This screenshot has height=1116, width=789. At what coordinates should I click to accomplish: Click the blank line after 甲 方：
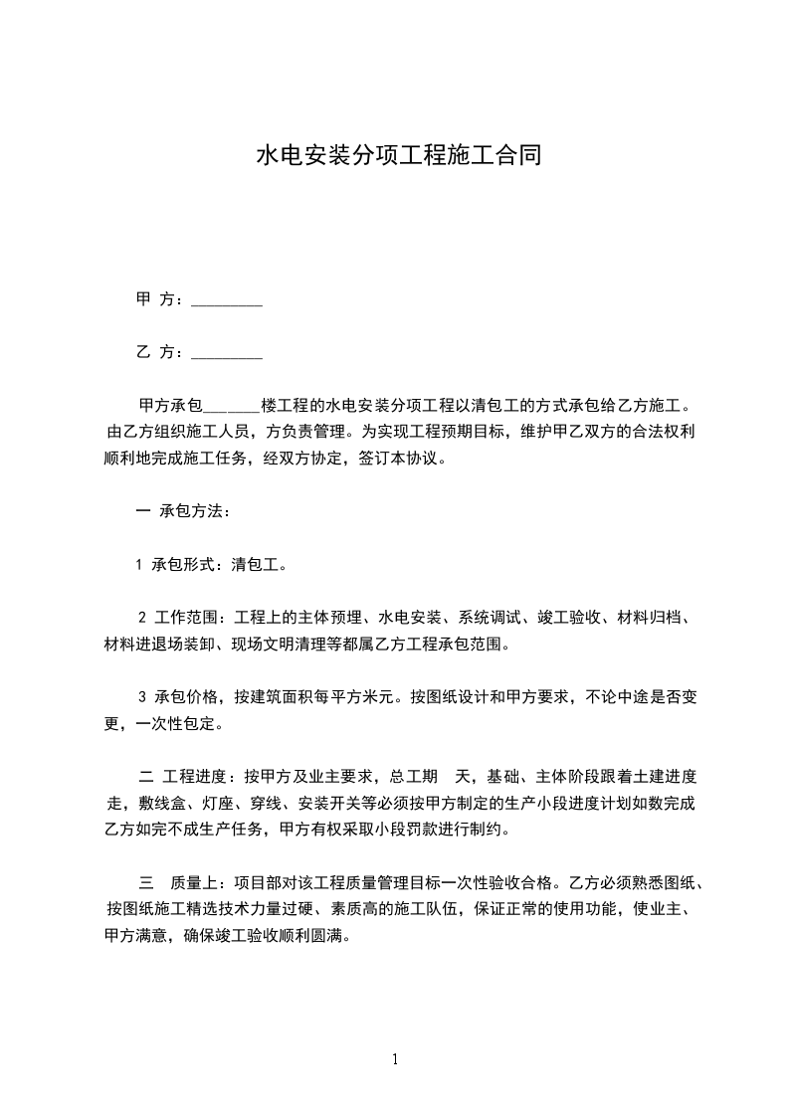point(226,299)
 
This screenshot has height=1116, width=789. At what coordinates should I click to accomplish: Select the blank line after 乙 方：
point(226,352)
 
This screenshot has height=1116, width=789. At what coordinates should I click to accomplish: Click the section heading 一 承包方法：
point(183,513)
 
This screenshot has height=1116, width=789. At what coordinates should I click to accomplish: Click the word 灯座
point(226,803)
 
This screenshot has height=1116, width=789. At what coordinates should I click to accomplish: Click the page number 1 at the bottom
point(395,1059)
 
